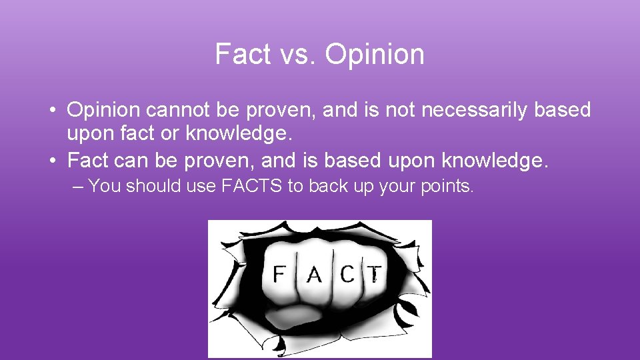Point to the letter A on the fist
tap(314, 273)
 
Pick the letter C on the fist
tap(347, 273)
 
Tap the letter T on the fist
tap(375, 273)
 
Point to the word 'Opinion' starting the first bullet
tap(103, 109)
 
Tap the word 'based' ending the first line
tap(562, 109)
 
